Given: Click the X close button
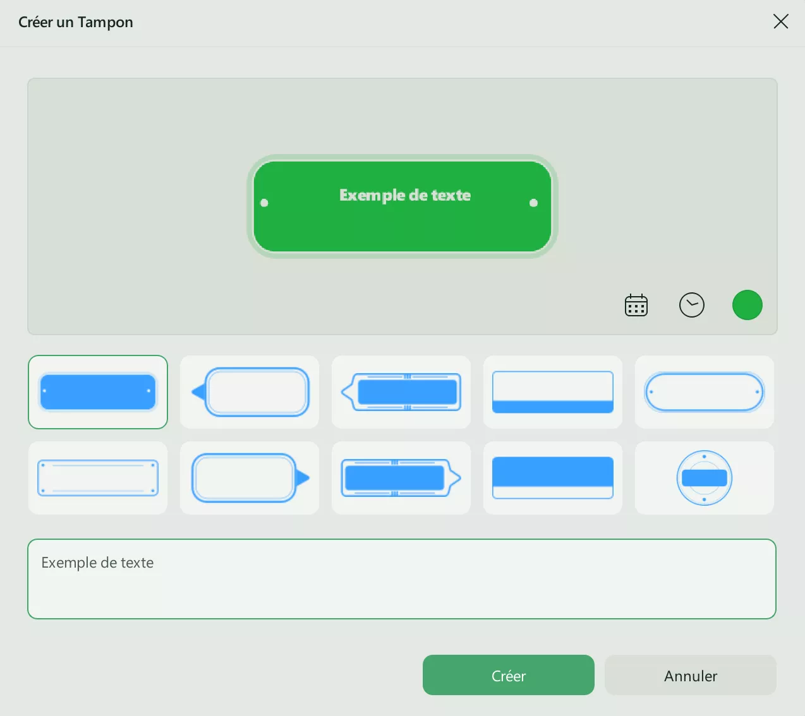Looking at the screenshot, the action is click(x=780, y=21).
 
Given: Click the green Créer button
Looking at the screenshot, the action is click(x=508, y=675).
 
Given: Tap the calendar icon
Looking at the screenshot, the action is click(x=636, y=305).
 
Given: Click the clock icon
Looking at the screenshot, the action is click(x=691, y=305).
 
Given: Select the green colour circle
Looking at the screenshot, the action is click(x=747, y=305).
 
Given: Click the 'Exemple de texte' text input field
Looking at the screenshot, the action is click(x=402, y=578).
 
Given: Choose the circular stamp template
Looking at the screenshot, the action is click(x=704, y=478).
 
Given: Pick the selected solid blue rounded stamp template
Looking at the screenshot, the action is click(x=98, y=392).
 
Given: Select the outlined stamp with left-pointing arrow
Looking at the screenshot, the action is click(x=250, y=392).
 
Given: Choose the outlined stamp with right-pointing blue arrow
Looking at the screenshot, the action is click(x=250, y=478).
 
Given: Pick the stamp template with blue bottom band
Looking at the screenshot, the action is click(x=553, y=392).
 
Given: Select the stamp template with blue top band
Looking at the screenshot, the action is click(x=553, y=478).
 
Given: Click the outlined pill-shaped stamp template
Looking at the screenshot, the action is click(x=704, y=392).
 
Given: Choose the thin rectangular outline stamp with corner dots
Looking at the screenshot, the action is click(x=98, y=478).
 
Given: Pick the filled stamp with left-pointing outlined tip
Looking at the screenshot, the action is click(x=401, y=392).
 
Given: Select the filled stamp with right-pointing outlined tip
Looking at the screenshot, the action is click(x=401, y=478).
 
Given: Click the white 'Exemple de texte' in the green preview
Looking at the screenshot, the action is click(x=405, y=195).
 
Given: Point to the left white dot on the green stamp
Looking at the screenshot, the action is click(x=264, y=203).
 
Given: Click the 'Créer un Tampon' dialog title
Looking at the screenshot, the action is click(x=75, y=22).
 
